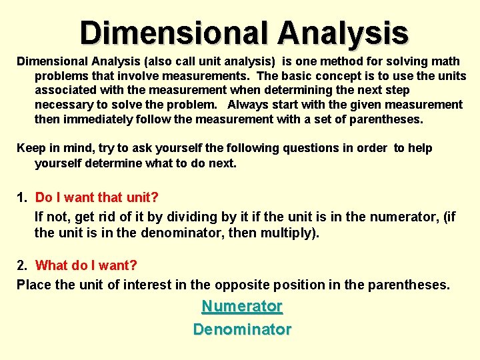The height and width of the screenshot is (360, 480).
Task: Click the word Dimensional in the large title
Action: (173, 33)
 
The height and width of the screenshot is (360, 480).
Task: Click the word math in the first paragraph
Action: (447, 61)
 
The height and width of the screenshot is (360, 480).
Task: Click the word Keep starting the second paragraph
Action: (30, 148)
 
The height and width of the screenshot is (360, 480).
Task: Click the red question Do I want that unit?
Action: (97, 197)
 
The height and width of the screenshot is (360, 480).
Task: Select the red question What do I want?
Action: (86, 265)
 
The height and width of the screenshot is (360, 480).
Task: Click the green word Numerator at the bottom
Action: (242, 307)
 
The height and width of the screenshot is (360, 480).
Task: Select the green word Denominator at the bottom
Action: (242, 329)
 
